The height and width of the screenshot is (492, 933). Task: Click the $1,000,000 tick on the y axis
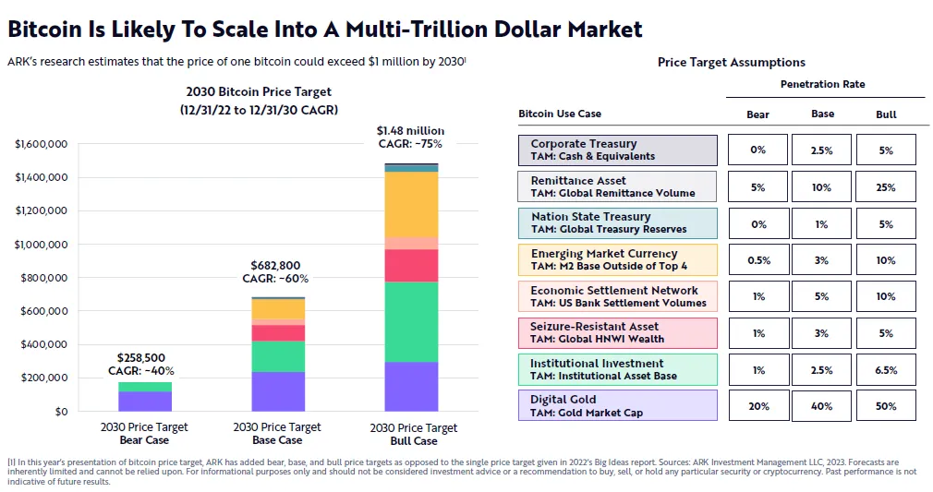(42, 245)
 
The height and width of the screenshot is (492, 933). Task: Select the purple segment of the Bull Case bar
(411, 386)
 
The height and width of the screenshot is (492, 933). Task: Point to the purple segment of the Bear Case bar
(145, 401)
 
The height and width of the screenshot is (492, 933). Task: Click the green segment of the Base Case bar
(278, 356)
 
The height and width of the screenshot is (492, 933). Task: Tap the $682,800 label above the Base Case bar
(275, 266)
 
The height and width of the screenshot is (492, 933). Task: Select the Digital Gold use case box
(617, 406)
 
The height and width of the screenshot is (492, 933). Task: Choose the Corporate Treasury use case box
(617, 150)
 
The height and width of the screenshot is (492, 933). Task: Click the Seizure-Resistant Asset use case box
(617, 332)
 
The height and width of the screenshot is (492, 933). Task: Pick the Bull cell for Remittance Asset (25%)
(886, 187)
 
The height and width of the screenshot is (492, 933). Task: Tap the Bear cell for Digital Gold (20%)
(758, 406)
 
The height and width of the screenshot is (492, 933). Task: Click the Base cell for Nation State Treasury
(822, 223)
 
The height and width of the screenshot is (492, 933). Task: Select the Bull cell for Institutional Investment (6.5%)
(886, 370)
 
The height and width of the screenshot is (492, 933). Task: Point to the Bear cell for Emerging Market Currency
(758, 260)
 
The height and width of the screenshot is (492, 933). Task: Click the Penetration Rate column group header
(822, 84)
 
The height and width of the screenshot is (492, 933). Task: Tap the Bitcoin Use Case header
(560, 114)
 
